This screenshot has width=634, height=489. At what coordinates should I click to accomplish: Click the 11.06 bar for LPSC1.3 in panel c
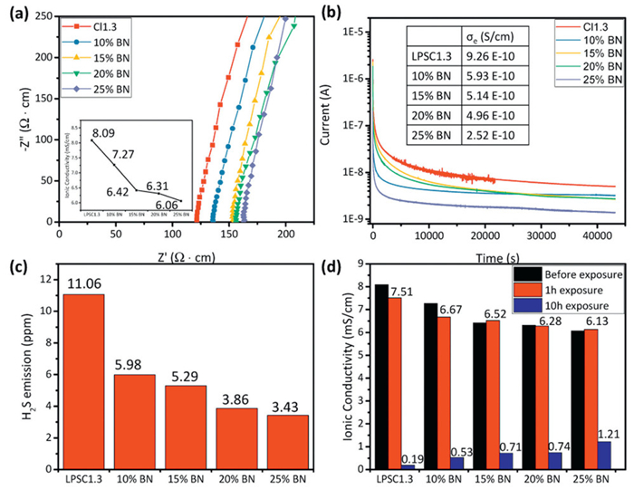coord(83,380)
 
